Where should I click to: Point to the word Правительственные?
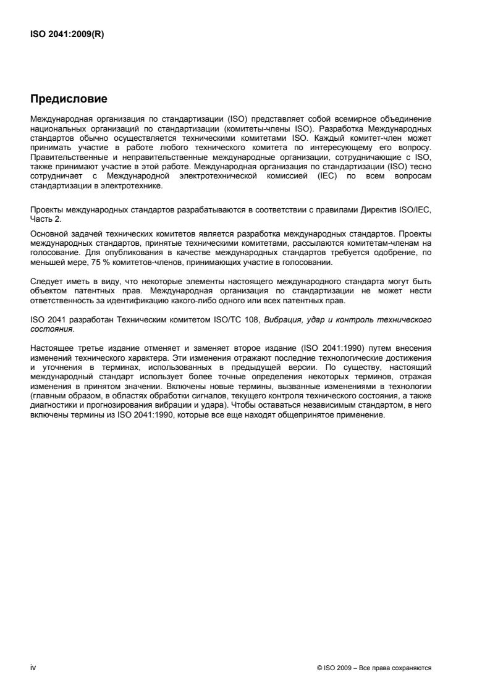tap(65, 157)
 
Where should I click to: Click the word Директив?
tap(382, 209)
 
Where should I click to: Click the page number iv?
tap(33, 667)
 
